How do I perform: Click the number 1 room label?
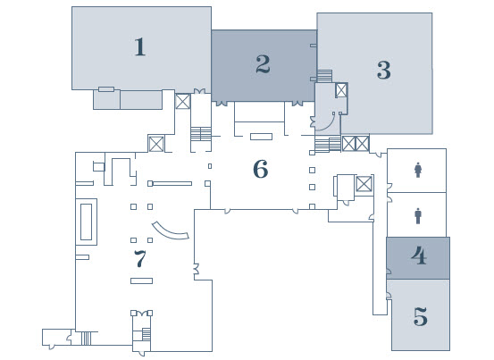pos(140,47)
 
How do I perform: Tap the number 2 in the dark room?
pos(263,64)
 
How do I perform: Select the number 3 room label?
pos(384,70)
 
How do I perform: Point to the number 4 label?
pos(419,255)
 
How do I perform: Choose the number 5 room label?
pos(421,316)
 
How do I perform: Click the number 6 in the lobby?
pos(261,169)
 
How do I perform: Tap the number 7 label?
pos(140,258)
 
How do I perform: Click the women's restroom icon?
pos(418,170)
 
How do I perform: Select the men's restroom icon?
pos(418,216)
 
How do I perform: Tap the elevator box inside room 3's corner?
pos(341,90)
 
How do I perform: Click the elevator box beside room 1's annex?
pos(183,102)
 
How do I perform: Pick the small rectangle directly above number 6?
pos(261,137)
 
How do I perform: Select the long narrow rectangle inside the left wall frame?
pos(86,222)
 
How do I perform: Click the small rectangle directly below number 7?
pos(141,280)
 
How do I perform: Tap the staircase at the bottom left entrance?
pos(86,339)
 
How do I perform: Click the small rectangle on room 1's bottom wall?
pos(106,89)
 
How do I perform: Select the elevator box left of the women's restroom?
pos(364,184)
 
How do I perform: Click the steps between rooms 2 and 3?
pos(324,76)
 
